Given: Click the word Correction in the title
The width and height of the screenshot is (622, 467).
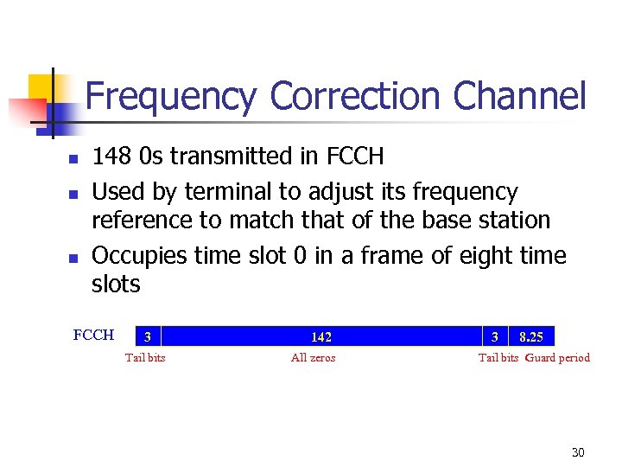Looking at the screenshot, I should coord(355,96).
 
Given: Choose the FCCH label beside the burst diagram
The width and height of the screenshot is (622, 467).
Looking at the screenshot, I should coord(94,336).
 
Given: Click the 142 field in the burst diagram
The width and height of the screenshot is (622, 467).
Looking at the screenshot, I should coord(321,336).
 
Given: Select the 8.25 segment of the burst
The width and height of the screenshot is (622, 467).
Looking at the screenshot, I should coord(531,336).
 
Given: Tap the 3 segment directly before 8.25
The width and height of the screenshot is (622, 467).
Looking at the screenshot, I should coord(495,336).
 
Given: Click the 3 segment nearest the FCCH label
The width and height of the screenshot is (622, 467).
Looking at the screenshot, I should coord(149,336).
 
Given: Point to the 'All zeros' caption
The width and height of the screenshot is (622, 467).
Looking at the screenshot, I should coord(314,358).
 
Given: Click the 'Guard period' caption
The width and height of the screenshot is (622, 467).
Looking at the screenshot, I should coord(558,358).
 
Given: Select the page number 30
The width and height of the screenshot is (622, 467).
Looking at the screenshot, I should coord(577,452).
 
